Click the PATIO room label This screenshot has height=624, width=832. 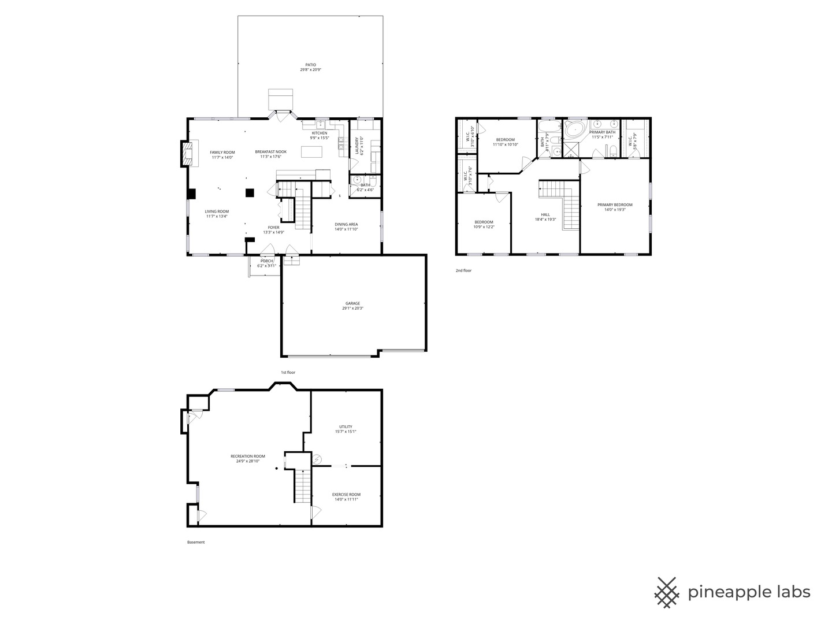(x=310, y=65)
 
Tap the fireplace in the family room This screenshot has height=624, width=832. (x=186, y=154)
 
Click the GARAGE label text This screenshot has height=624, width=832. (x=352, y=303)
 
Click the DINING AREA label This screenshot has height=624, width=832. (x=346, y=224)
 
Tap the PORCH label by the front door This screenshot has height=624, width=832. (x=266, y=261)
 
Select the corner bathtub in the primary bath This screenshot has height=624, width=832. (x=574, y=128)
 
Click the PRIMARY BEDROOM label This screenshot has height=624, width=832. (x=615, y=205)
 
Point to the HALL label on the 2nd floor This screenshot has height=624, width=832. (x=545, y=214)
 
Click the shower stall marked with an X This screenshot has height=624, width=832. (x=571, y=150)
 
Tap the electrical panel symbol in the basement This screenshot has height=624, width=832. (x=317, y=459)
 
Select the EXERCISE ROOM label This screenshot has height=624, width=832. (x=346, y=495)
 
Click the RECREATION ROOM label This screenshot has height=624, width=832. (x=248, y=456)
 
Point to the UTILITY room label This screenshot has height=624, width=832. (x=346, y=427)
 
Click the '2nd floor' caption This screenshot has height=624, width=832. (x=463, y=270)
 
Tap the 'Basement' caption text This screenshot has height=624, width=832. (x=196, y=542)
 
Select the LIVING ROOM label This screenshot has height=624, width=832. (x=217, y=211)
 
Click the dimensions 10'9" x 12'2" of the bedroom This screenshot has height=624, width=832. (x=484, y=227)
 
